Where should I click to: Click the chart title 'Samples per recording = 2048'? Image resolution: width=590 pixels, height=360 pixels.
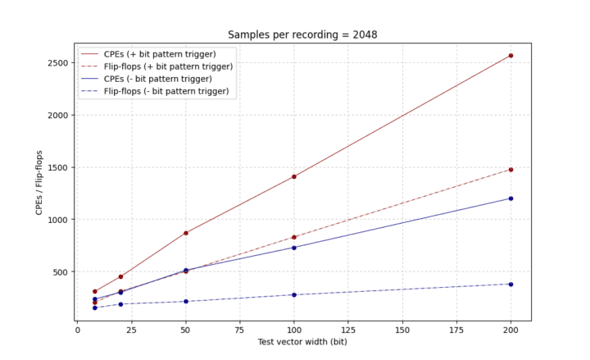(302, 34)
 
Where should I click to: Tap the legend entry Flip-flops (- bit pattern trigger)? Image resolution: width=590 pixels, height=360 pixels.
(167, 91)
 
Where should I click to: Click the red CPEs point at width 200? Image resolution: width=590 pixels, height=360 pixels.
(511, 56)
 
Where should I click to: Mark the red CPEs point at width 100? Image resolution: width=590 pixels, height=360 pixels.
(293, 176)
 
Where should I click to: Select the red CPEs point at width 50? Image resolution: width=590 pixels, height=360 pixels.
(185, 233)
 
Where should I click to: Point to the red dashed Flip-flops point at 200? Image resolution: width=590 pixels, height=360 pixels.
(511, 170)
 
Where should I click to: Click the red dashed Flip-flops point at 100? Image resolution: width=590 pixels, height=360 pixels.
(293, 237)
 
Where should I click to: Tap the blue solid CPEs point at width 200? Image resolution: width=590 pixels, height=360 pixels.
(511, 198)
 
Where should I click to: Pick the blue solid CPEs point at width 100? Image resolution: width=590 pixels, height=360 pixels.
(293, 248)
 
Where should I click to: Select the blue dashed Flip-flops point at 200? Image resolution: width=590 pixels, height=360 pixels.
(511, 285)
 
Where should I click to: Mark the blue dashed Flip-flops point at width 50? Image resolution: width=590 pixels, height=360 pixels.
(185, 302)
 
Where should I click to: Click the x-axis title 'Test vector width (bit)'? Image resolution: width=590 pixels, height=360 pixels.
(302, 343)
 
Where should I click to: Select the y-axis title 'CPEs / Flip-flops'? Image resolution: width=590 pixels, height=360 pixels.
(39, 183)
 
